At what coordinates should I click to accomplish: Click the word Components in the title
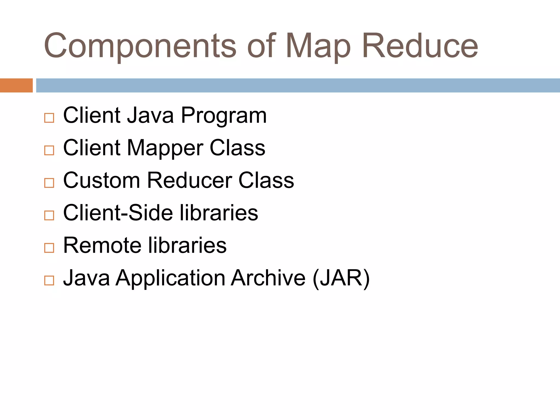coord(140,46)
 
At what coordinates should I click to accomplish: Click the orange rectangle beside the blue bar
coord(16,85)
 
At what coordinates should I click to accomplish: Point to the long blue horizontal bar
coord(298,85)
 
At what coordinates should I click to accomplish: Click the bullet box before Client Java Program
coord(49,118)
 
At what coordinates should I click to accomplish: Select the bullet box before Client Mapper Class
coord(49,150)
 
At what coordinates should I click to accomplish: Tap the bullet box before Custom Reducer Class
coord(49,183)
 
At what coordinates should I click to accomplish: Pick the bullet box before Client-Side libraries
coord(49,215)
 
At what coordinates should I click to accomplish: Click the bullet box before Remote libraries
coord(49,248)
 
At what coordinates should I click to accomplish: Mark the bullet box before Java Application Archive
coord(49,281)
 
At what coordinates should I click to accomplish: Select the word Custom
coord(101,180)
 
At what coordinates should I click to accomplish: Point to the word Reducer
coord(189,180)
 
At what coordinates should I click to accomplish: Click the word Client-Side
coord(118,213)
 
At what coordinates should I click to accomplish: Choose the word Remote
coord(102,245)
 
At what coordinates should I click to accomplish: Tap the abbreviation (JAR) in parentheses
coord(341,278)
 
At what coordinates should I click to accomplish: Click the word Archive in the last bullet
coord(268,278)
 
